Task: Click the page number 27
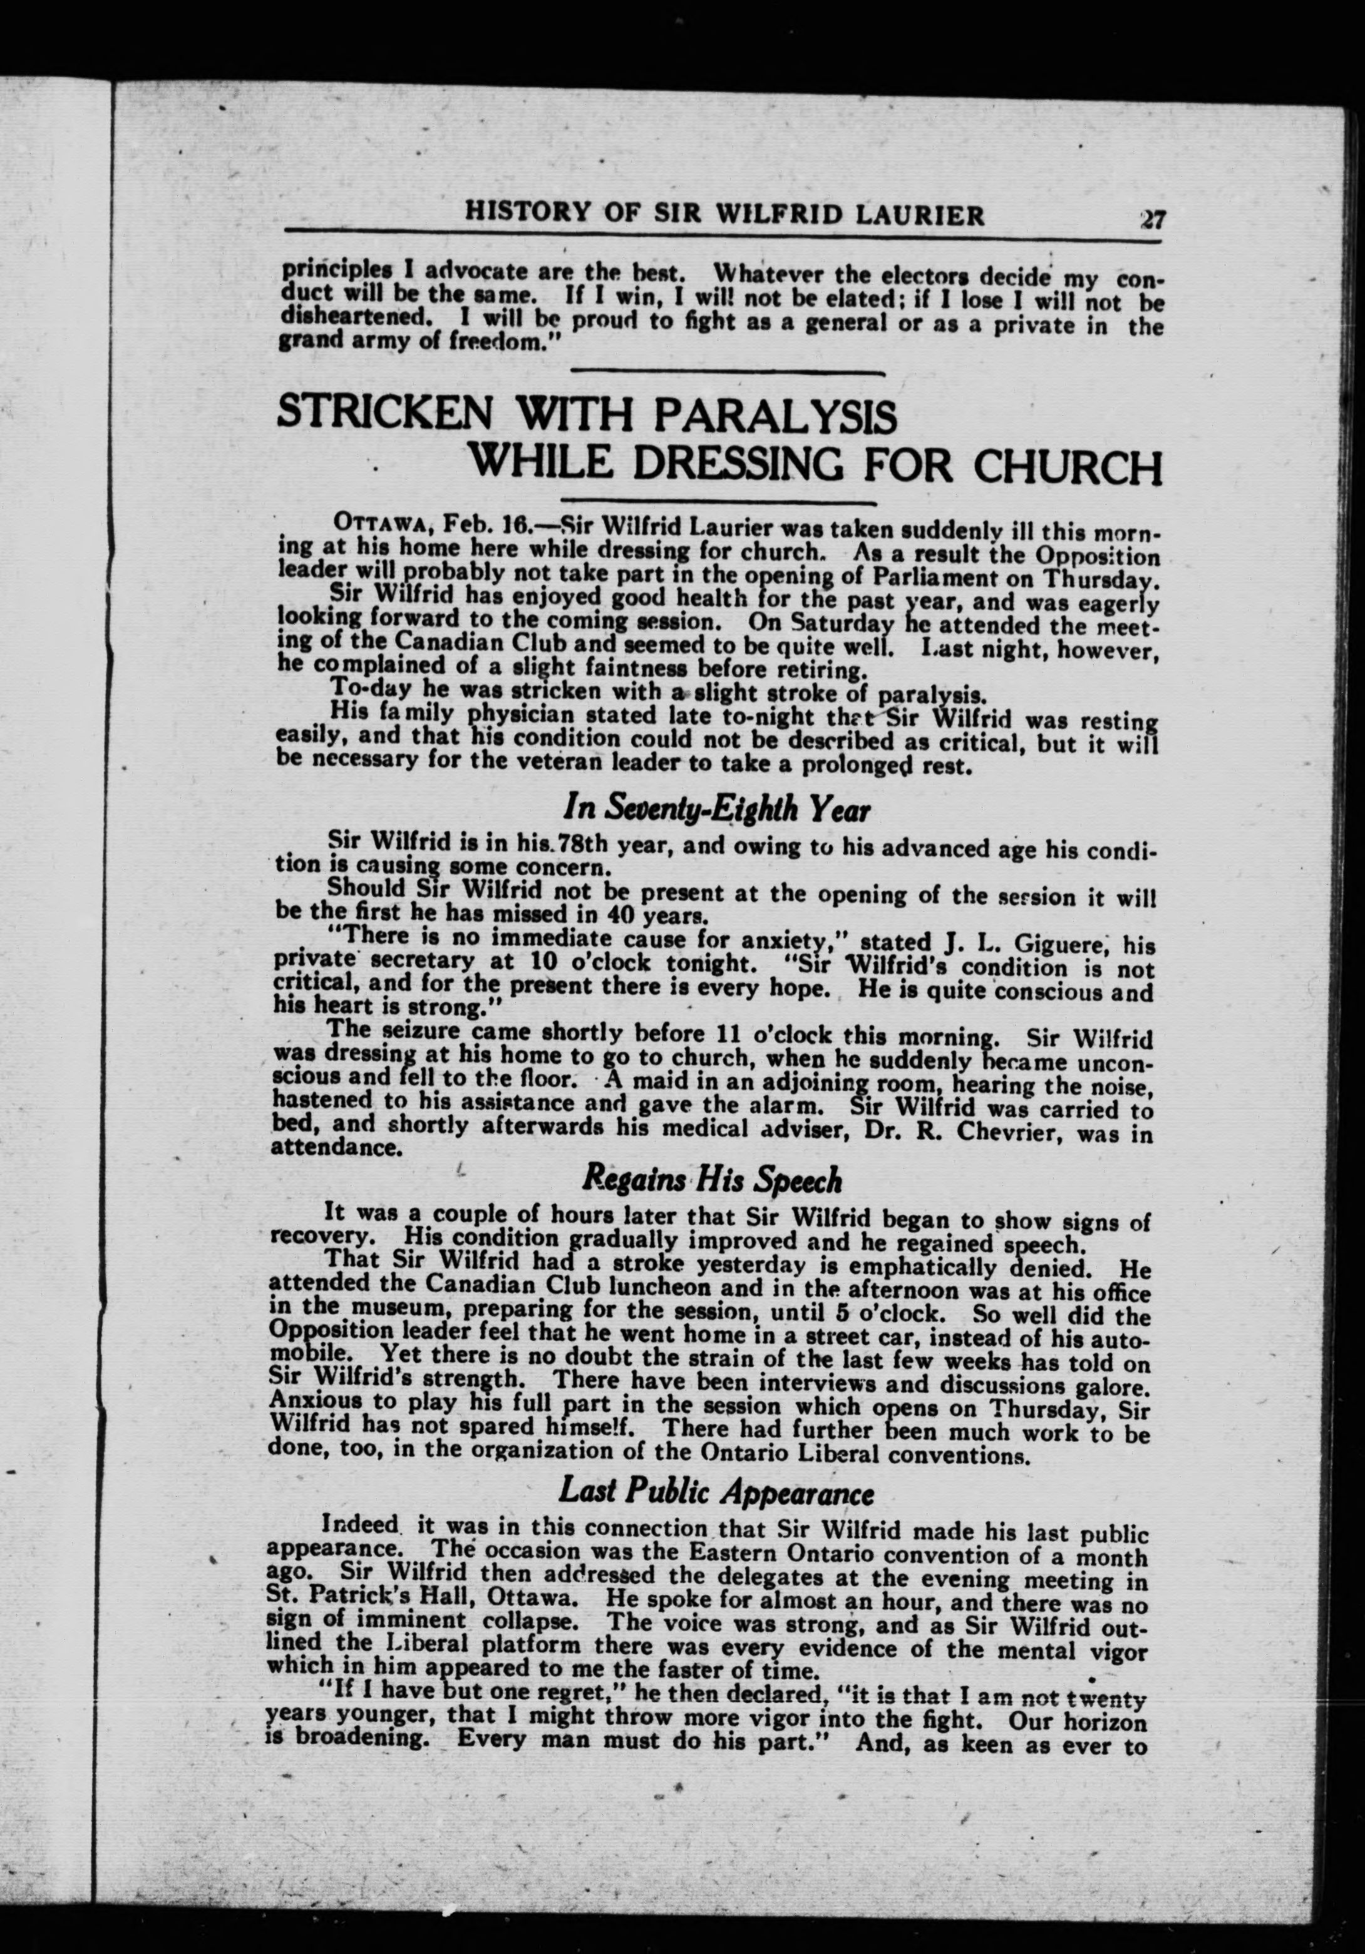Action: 1153,220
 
